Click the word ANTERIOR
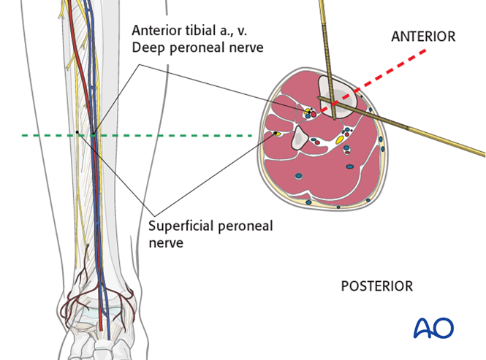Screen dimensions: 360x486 point(423,36)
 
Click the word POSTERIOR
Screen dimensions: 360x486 point(376,286)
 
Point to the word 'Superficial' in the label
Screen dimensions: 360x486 point(178,226)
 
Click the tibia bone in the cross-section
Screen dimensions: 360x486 point(337,95)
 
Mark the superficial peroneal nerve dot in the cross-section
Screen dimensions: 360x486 point(278,134)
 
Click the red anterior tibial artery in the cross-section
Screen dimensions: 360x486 point(314,114)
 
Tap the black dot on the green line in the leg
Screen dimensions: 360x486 point(77,132)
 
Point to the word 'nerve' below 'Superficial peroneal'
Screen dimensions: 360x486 point(165,242)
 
